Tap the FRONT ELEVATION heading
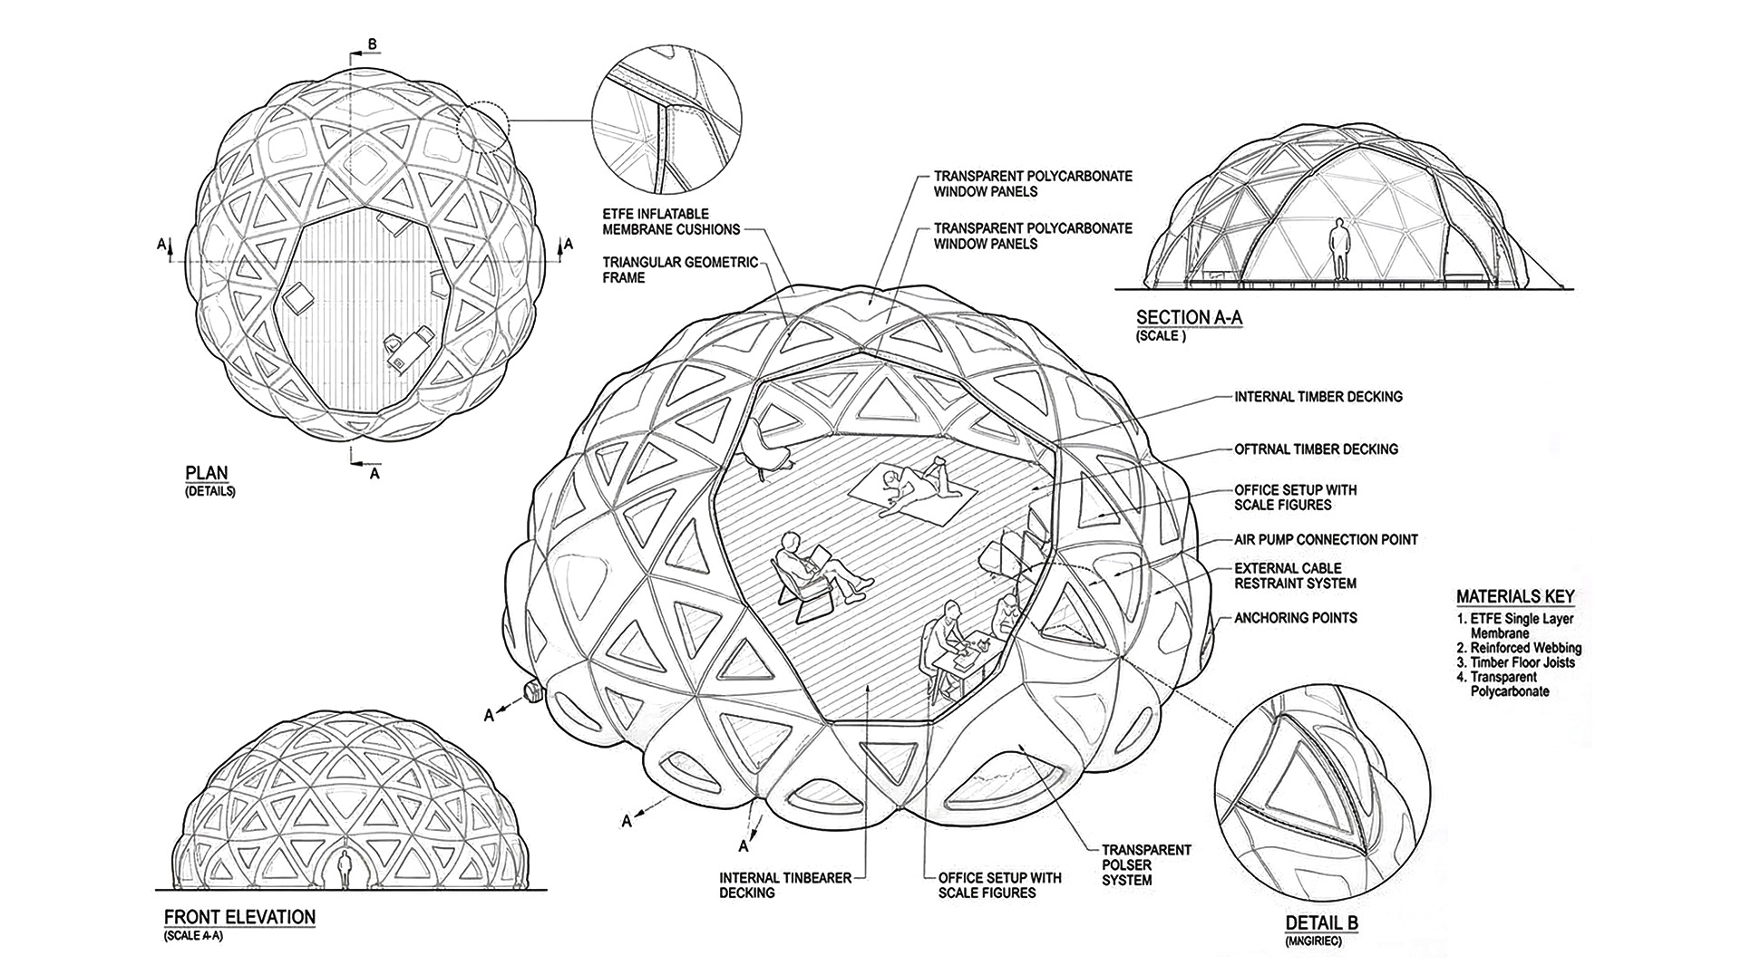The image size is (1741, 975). pyautogui.click(x=239, y=916)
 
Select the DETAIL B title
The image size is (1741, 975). pyautogui.click(x=1321, y=923)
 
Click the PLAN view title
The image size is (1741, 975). pyautogui.click(x=207, y=472)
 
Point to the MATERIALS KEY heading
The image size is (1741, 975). pyautogui.click(x=1515, y=596)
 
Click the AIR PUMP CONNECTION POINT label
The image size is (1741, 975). pyautogui.click(x=1326, y=539)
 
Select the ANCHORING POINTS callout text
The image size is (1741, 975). pyautogui.click(x=1296, y=618)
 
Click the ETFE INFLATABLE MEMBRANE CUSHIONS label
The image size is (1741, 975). pyautogui.click(x=671, y=221)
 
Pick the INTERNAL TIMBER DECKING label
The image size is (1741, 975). pyautogui.click(x=1318, y=396)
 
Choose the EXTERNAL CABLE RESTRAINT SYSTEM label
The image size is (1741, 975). pyautogui.click(x=1295, y=576)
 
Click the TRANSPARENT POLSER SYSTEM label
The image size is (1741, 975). pyautogui.click(x=1146, y=864)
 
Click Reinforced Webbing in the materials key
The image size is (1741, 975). pyautogui.click(x=1525, y=648)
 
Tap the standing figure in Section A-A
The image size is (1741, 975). pyautogui.click(x=1339, y=248)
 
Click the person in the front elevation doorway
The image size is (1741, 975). pyautogui.click(x=345, y=870)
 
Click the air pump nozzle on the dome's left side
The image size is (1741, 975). pyautogui.click(x=531, y=692)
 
